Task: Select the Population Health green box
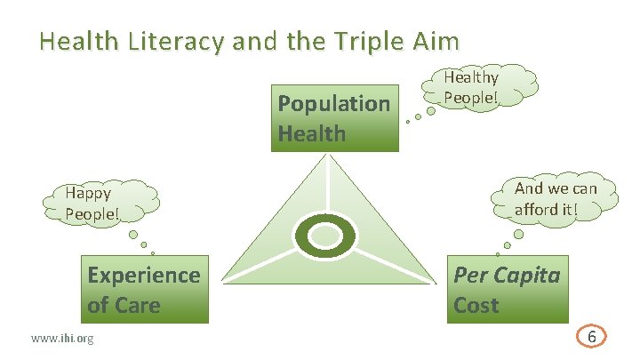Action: (x=334, y=118)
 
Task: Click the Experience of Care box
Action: (x=143, y=290)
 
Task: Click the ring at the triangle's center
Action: (x=325, y=236)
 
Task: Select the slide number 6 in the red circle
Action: (x=591, y=338)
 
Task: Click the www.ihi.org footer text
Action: (x=62, y=339)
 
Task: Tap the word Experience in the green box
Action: (x=143, y=275)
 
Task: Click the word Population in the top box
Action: (x=334, y=104)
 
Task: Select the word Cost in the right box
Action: (x=476, y=305)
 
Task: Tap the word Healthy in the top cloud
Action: (x=471, y=78)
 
